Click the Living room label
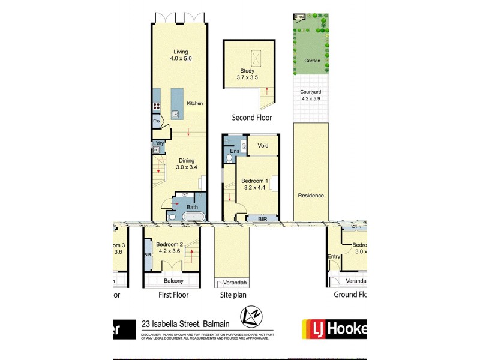pos(178,51)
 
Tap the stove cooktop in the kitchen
pos(156,107)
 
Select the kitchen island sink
pos(176,113)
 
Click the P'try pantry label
pos(157,122)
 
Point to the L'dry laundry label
pos(158,143)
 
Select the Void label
pos(263,146)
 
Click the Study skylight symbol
pos(256,58)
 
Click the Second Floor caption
pos(252,118)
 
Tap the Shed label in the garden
pos(299,17)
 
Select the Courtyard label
pos(312,92)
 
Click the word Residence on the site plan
pos(311,196)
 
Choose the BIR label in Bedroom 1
pos(262,220)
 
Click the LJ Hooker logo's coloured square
pos(313,329)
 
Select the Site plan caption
pos(232,295)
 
